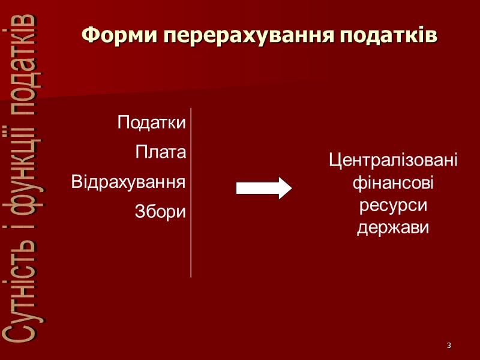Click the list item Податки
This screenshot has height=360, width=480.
152,123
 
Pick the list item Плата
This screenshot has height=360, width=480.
161,152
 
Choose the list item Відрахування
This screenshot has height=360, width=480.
128,181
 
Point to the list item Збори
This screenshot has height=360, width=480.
161,211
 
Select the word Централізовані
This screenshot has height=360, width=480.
393,161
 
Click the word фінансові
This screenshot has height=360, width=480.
393,183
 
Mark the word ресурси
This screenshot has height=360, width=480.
393,206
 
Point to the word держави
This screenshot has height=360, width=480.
393,228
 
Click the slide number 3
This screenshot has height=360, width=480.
448,346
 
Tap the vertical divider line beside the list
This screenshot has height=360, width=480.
191,192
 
